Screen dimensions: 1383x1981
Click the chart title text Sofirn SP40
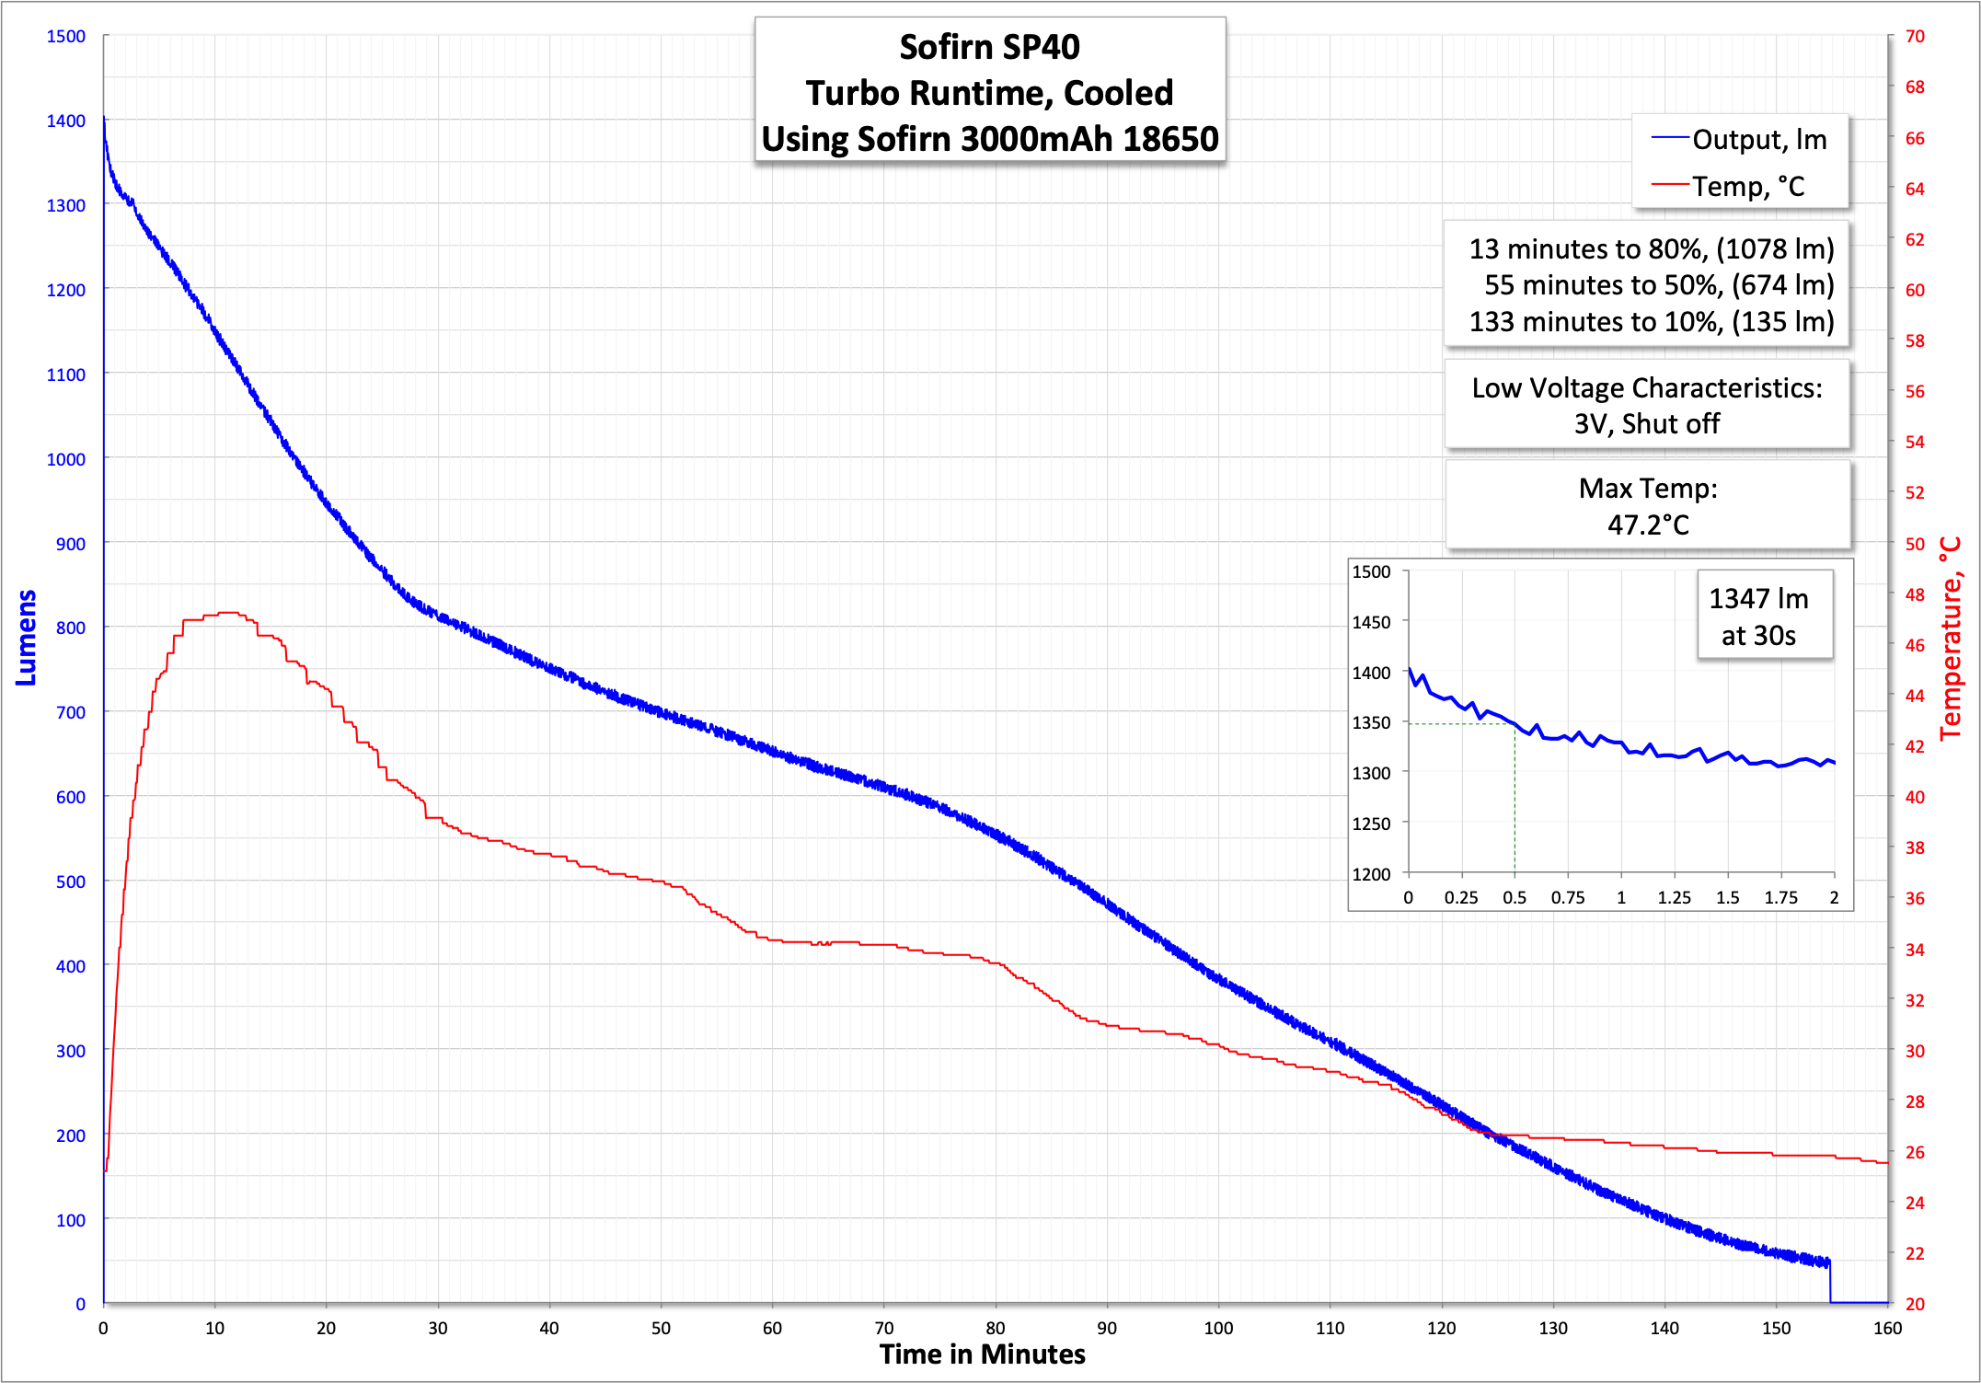tap(989, 48)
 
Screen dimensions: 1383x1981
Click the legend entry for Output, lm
tap(1758, 140)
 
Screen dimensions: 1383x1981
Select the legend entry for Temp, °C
tap(1747, 187)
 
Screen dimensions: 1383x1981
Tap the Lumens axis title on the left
tap(26, 637)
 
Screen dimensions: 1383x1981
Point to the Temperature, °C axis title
tap(1951, 639)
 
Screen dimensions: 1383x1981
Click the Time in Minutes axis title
tap(982, 1354)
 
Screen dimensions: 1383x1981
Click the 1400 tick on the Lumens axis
tap(66, 121)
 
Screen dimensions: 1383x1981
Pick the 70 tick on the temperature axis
tap(1915, 36)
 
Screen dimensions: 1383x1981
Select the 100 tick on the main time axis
tap(1218, 1328)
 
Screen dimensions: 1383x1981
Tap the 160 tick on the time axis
tap(1887, 1328)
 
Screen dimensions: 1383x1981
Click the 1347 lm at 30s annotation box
tap(1758, 617)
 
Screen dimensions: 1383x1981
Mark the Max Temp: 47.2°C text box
tap(1648, 506)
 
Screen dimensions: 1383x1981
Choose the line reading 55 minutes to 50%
tap(1658, 285)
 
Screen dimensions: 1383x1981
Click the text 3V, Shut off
tap(1646, 424)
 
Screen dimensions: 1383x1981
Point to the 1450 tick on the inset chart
tap(1371, 622)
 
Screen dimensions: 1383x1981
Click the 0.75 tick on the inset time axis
tap(1568, 897)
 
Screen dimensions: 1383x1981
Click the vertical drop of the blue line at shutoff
tap(1830, 1282)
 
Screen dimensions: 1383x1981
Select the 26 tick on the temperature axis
tap(1915, 1152)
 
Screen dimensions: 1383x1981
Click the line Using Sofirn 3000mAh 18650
tap(989, 139)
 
